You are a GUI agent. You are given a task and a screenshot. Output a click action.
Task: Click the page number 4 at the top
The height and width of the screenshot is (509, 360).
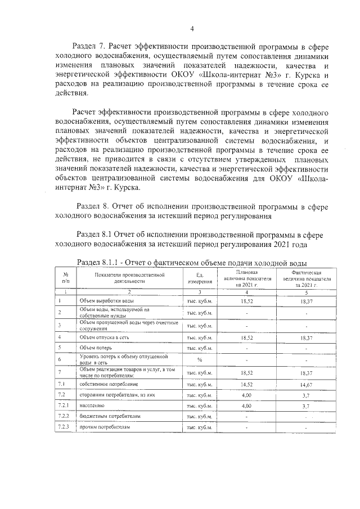[192, 29]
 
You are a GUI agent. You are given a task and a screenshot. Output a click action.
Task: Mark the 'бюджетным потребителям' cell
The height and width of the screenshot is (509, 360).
[106, 416]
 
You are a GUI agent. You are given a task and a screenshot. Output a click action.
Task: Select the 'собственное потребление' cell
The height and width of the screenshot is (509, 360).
[106, 384]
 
